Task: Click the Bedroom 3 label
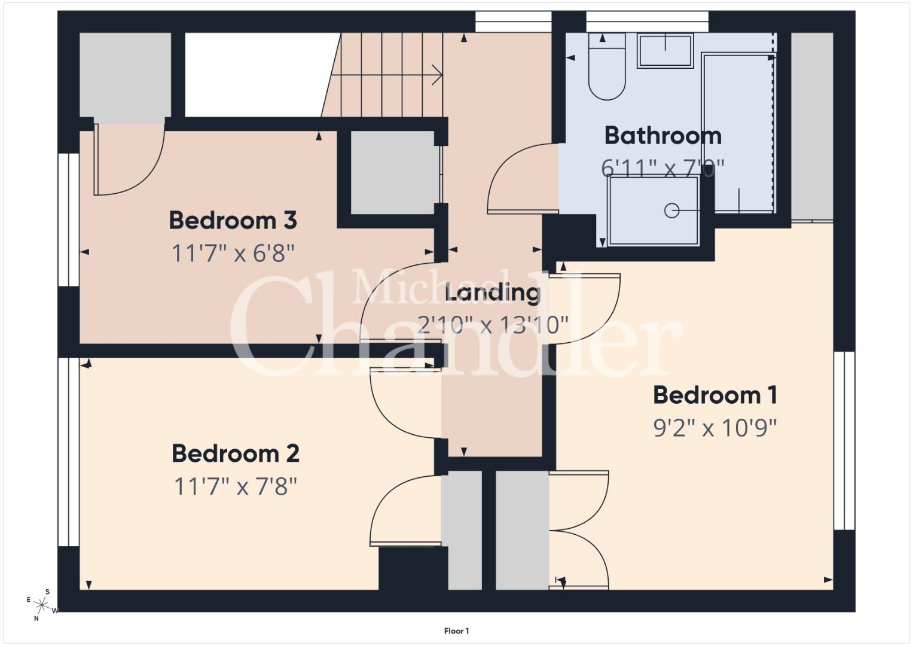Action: pyautogui.click(x=233, y=220)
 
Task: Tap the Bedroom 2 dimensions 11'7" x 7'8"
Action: pyautogui.click(x=236, y=486)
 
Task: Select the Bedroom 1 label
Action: pyautogui.click(x=715, y=395)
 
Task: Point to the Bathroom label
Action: pyautogui.click(x=662, y=136)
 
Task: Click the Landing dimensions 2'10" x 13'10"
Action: pyautogui.click(x=493, y=325)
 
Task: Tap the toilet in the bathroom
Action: pyautogui.click(x=607, y=66)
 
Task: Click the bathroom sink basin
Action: pyautogui.click(x=665, y=51)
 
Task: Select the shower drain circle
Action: pyautogui.click(x=671, y=211)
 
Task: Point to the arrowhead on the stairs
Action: pyautogui.click(x=437, y=75)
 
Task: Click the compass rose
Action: pyautogui.click(x=42, y=605)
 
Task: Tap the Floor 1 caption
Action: pyautogui.click(x=457, y=631)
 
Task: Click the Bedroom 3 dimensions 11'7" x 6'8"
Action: pyautogui.click(x=233, y=253)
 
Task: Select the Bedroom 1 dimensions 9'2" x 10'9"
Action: pyautogui.click(x=715, y=428)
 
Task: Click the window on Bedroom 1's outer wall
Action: pyautogui.click(x=844, y=441)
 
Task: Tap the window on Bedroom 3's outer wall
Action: pyautogui.click(x=69, y=220)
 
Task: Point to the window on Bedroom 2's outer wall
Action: pyautogui.click(x=69, y=452)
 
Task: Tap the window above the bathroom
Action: pyautogui.click(x=648, y=22)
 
